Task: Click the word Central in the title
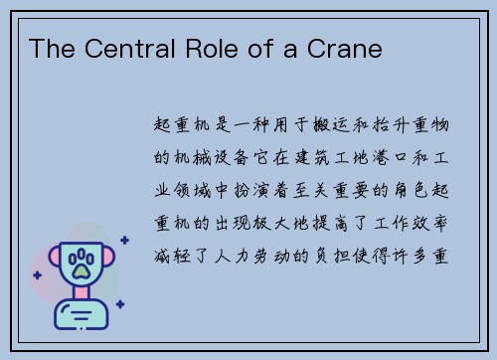click(116, 48)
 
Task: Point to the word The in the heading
click(49, 48)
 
